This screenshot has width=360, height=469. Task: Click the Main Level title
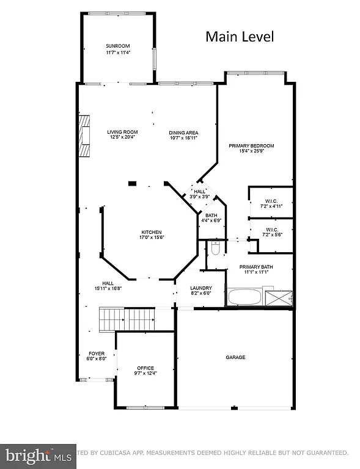239,37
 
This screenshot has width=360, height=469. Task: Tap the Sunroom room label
117,46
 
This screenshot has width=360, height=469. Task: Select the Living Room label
122,132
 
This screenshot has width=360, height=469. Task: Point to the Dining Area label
183,133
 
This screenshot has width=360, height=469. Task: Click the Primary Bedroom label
251,145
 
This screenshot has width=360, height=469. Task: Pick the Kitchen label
152,232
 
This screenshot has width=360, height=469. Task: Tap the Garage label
235,357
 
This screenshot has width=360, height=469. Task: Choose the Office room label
145,368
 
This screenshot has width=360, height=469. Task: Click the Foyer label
97,354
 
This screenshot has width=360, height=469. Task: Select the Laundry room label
200,288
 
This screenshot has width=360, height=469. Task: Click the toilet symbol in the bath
215,249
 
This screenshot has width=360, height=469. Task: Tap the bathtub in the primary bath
244,299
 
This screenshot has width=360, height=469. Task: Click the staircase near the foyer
127,318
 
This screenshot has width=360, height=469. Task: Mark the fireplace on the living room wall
84,135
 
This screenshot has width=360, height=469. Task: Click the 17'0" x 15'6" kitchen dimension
152,238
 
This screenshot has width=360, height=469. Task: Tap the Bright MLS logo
37,455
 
